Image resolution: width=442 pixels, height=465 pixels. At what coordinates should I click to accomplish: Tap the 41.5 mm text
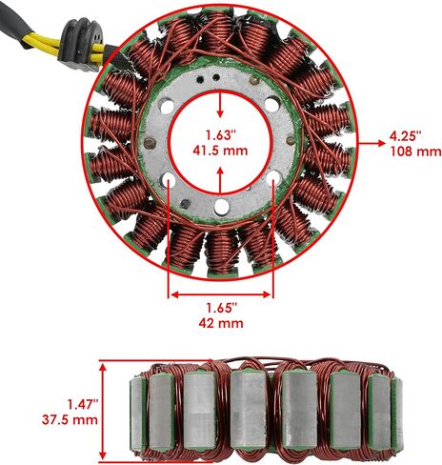[220, 151]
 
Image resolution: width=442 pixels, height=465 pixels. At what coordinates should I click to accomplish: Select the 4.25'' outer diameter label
[405, 136]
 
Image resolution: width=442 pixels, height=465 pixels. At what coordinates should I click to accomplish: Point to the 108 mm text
[416, 152]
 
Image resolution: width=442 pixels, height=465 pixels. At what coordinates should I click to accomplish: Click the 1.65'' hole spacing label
[222, 308]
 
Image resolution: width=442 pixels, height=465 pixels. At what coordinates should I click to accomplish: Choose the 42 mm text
[221, 323]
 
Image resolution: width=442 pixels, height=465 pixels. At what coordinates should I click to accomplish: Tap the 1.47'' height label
[82, 405]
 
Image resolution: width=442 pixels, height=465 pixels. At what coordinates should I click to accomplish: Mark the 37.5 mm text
[70, 419]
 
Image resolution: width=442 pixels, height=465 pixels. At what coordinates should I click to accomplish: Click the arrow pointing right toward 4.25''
[372, 143]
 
